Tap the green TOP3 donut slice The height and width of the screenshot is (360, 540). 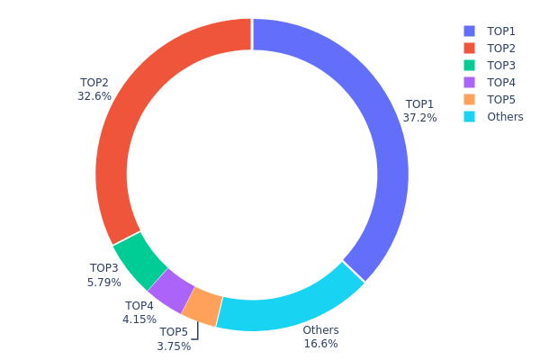pyautogui.click(x=139, y=260)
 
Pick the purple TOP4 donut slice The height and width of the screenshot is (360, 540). pyautogui.click(x=170, y=291)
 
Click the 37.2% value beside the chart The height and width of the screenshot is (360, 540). pyautogui.click(x=419, y=118)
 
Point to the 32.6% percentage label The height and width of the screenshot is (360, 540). pyautogui.click(x=94, y=96)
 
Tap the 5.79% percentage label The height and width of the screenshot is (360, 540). pyautogui.click(x=104, y=283)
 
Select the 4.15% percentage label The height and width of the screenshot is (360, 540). pyautogui.click(x=139, y=319)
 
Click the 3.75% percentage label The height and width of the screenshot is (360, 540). pyautogui.click(x=174, y=346)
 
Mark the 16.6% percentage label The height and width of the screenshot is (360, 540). pyautogui.click(x=320, y=344)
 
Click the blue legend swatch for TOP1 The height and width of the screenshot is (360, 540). pyautogui.click(x=468, y=31)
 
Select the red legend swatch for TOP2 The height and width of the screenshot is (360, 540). pyautogui.click(x=468, y=48)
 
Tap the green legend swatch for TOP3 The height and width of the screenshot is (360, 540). pyautogui.click(x=468, y=65)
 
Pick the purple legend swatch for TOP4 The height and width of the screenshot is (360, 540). pyautogui.click(x=468, y=82)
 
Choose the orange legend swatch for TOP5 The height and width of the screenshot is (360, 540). pyautogui.click(x=468, y=99)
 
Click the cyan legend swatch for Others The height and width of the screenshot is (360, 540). pyautogui.click(x=468, y=116)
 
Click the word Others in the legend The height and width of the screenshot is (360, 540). pyautogui.click(x=505, y=116)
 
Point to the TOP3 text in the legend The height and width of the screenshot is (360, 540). pyautogui.click(x=501, y=65)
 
